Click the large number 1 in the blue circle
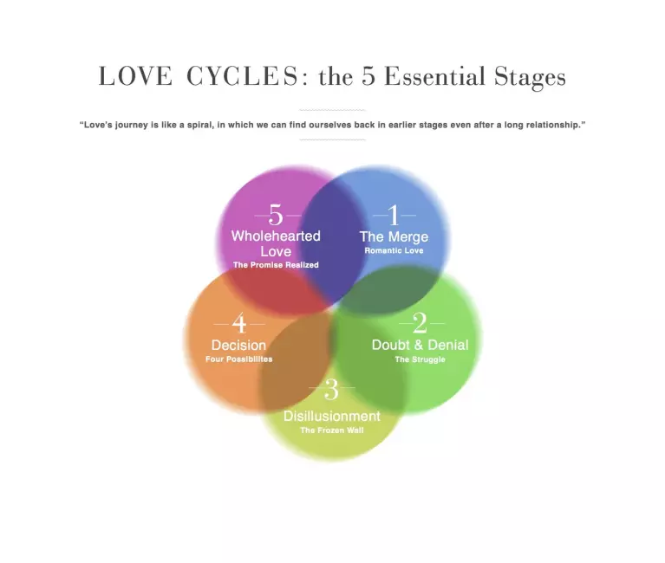tap(394, 215)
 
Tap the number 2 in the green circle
tap(420, 324)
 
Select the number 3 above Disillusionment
tap(331, 390)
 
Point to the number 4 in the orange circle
tap(239, 324)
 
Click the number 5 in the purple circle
tap(276, 215)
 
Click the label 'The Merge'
tap(394, 236)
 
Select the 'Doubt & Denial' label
tap(420, 345)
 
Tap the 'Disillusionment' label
tap(331, 416)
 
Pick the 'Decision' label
tap(238, 345)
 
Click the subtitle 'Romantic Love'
tap(394, 250)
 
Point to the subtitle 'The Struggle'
tap(420, 359)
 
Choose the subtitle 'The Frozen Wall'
tap(331, 430)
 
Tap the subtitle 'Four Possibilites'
tap(238, 359)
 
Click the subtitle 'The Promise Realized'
tap(276, 265)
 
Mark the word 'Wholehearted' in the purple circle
tap(276, 236)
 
